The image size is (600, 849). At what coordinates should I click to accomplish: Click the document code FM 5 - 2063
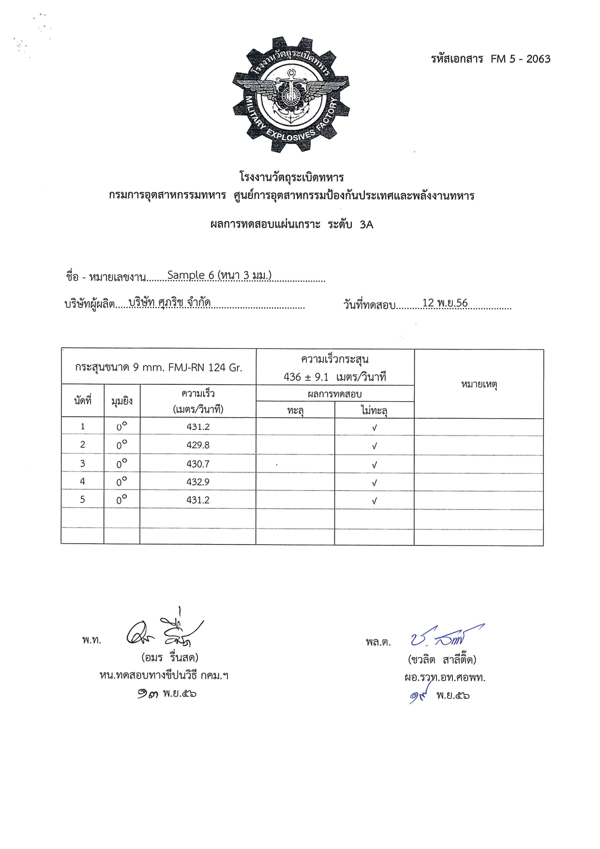tap(520, 59)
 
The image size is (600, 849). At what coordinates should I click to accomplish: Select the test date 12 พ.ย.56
tap(445, 303)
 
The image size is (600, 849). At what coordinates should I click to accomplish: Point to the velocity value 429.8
tap(198, 445)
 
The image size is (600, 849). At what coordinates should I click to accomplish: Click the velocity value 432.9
tap(198, 482)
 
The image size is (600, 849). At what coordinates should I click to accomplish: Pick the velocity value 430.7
tap(198, 464)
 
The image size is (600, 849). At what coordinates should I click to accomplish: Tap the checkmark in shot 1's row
tap(374, 427)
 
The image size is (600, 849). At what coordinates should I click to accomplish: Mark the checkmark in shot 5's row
tap(374, 501)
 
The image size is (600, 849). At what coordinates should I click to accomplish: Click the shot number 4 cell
tap(82, 482)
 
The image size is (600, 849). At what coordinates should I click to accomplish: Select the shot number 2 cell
tap(82, 445)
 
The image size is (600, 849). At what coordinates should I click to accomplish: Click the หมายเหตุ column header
tap(479, 384)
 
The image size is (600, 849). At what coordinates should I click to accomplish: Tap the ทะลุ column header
tap(295, 410)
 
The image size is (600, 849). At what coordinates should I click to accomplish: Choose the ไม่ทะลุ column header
tap(374, 410)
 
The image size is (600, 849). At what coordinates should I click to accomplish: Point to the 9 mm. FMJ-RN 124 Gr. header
tap(159, 367)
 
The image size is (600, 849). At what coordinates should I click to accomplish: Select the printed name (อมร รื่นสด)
tap(170, 658)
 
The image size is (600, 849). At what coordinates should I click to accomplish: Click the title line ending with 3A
tap(292, 225)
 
